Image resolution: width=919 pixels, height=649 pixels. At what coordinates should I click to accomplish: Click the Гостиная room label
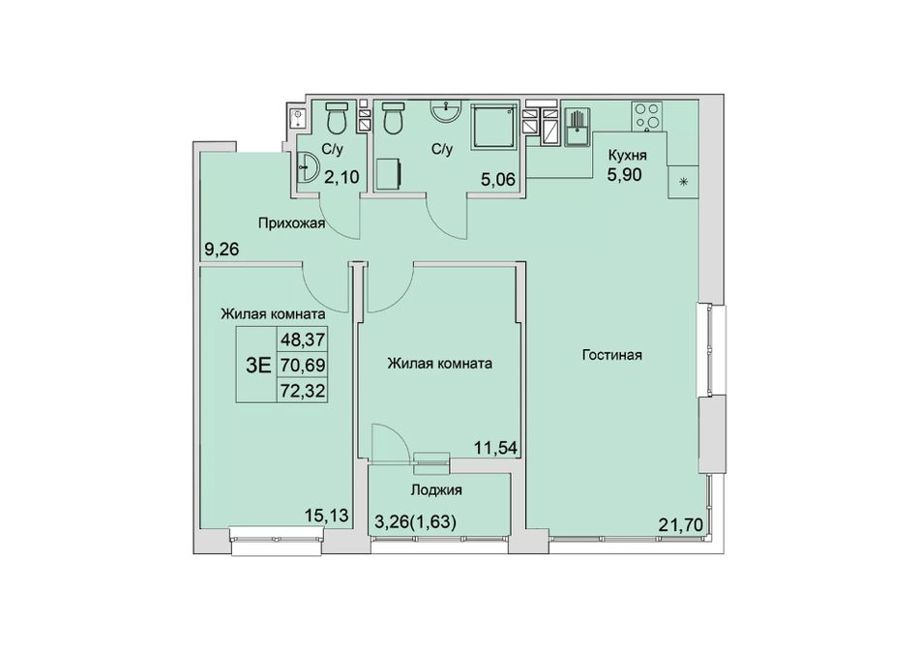(x=612, y=355)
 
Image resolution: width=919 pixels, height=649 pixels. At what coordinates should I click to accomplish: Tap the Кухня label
(x=627, y=155)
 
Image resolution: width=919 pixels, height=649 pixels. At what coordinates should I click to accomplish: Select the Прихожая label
(x=291, y=222)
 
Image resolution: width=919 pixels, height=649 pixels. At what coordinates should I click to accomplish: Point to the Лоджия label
(x=436, y=489)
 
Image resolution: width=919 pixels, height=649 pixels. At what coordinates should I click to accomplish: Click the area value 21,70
(x=680, y=525)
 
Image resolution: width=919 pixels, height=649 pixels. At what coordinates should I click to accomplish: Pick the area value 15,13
(x=326, y=516)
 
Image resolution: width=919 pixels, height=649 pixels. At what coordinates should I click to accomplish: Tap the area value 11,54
(x=496, y=448)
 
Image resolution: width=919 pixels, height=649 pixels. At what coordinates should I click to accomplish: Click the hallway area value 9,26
(x=222, y=251)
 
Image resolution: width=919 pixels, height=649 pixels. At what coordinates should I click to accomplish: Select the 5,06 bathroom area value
(x=498, y=179)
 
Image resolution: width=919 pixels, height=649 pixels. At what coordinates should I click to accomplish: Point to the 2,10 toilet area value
(x=341, y=176)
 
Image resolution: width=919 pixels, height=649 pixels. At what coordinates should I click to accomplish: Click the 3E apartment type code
(x=258, y=366)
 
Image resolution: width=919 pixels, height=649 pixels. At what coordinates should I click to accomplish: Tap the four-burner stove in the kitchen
(x=647, y=116)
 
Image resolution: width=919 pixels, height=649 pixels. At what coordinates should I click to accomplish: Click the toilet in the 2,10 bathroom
(x=337, y=117)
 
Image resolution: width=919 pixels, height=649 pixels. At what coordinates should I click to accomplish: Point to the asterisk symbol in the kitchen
(x=683, y=182)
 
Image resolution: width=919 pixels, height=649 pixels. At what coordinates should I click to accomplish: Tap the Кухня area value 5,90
(x=625, y=174)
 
